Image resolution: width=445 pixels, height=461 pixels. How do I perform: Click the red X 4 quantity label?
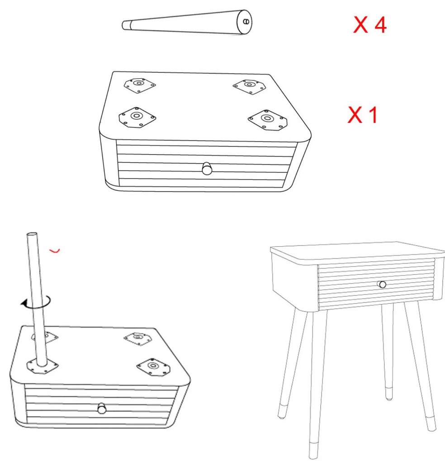tap(370, 24)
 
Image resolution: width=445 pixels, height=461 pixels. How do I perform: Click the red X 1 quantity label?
tap(363, 115)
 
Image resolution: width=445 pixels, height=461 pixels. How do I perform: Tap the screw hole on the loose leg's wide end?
tap(246, 21)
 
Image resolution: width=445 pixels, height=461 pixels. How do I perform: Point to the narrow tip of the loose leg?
tap(123, 25)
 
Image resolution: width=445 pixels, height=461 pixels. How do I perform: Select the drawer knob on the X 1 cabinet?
tap(207, 169)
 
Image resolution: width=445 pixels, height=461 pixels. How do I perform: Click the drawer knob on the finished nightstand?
tap(382, 284)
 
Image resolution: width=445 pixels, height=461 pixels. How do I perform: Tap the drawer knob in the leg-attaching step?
tap(102, 409)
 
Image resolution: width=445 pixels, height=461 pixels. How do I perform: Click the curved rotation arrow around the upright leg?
tap(36, 302)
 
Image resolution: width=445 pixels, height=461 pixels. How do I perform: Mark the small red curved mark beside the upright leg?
tap(55, 251)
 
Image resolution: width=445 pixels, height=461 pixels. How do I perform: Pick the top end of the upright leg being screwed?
tap(32, 234)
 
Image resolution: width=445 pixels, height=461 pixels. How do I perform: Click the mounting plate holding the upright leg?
tap(43, 367)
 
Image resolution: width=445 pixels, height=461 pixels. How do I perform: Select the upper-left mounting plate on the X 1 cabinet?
tap(139, 85)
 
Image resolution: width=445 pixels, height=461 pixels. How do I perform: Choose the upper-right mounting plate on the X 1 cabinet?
tap(250, 86)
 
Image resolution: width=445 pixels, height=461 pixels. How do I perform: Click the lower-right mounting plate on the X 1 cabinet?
tap(267, 120)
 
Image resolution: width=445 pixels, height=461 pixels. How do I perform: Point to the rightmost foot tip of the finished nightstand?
tap(432, 428)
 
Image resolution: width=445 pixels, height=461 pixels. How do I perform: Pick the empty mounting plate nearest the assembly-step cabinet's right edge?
tap(153, 367)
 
